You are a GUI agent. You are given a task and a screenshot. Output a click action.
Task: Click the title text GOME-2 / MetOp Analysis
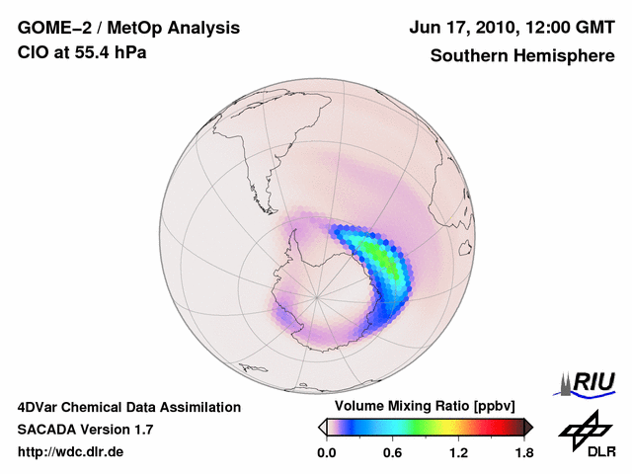click(116, 27)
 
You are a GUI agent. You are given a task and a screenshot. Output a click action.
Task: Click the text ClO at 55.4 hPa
click(82, 52)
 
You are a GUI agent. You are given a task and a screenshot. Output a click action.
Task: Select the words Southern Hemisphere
click(521, 55)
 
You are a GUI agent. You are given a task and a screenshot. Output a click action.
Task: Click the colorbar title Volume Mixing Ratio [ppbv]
click(426, 407)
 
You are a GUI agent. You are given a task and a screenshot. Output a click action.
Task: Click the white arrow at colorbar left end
click(322, 427)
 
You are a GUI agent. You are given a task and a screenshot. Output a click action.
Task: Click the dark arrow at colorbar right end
click(528, 427)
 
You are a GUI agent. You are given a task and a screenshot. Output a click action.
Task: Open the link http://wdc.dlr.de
click(71, 452)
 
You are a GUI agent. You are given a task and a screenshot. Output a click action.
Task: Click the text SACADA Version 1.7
click(85, 430)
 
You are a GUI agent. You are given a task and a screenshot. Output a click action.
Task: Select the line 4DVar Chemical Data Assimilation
click(128, 407)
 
